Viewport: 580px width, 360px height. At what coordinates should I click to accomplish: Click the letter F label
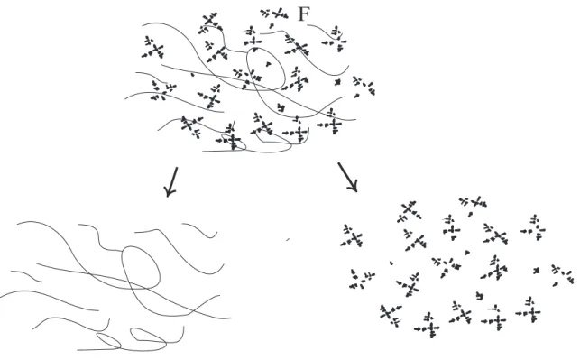coord(302,14)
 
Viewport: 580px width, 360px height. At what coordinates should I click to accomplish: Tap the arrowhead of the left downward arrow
coord(170,191)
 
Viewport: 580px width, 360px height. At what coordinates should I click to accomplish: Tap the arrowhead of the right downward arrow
coord(354,186)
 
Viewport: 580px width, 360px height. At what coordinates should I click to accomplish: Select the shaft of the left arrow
coord(174,179)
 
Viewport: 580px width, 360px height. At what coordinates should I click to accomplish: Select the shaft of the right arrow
coord(346,175)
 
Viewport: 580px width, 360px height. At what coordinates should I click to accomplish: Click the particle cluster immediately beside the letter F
coord(274,14)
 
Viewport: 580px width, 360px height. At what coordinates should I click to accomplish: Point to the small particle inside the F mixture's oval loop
coord(268,64)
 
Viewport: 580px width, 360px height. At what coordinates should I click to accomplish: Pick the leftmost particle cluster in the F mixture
coord(153,48)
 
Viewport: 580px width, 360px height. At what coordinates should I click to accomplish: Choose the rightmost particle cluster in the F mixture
coord(364,87)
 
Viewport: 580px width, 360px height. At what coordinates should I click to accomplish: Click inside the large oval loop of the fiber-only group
coord(141,267)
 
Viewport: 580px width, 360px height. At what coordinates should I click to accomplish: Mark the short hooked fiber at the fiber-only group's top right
coord(199,229)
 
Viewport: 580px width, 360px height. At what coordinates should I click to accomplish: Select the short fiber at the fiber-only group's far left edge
coord(26,275)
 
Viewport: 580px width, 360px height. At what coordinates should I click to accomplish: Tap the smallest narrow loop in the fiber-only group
coord(109,340)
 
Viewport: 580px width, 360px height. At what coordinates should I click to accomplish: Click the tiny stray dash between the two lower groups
coord(288,240)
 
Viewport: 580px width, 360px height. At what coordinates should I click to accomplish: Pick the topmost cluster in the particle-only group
coord(473,203)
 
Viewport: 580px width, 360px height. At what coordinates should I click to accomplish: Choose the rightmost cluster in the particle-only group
coord(562,274)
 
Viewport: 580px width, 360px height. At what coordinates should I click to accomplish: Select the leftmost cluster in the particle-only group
coord(352,235)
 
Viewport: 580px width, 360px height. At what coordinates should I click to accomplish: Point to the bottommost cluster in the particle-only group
coord(428,326)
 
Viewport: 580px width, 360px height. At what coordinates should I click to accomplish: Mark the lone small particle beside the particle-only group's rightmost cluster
coord(536,271)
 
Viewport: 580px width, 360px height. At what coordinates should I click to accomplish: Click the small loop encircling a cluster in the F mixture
coord(234,142)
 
